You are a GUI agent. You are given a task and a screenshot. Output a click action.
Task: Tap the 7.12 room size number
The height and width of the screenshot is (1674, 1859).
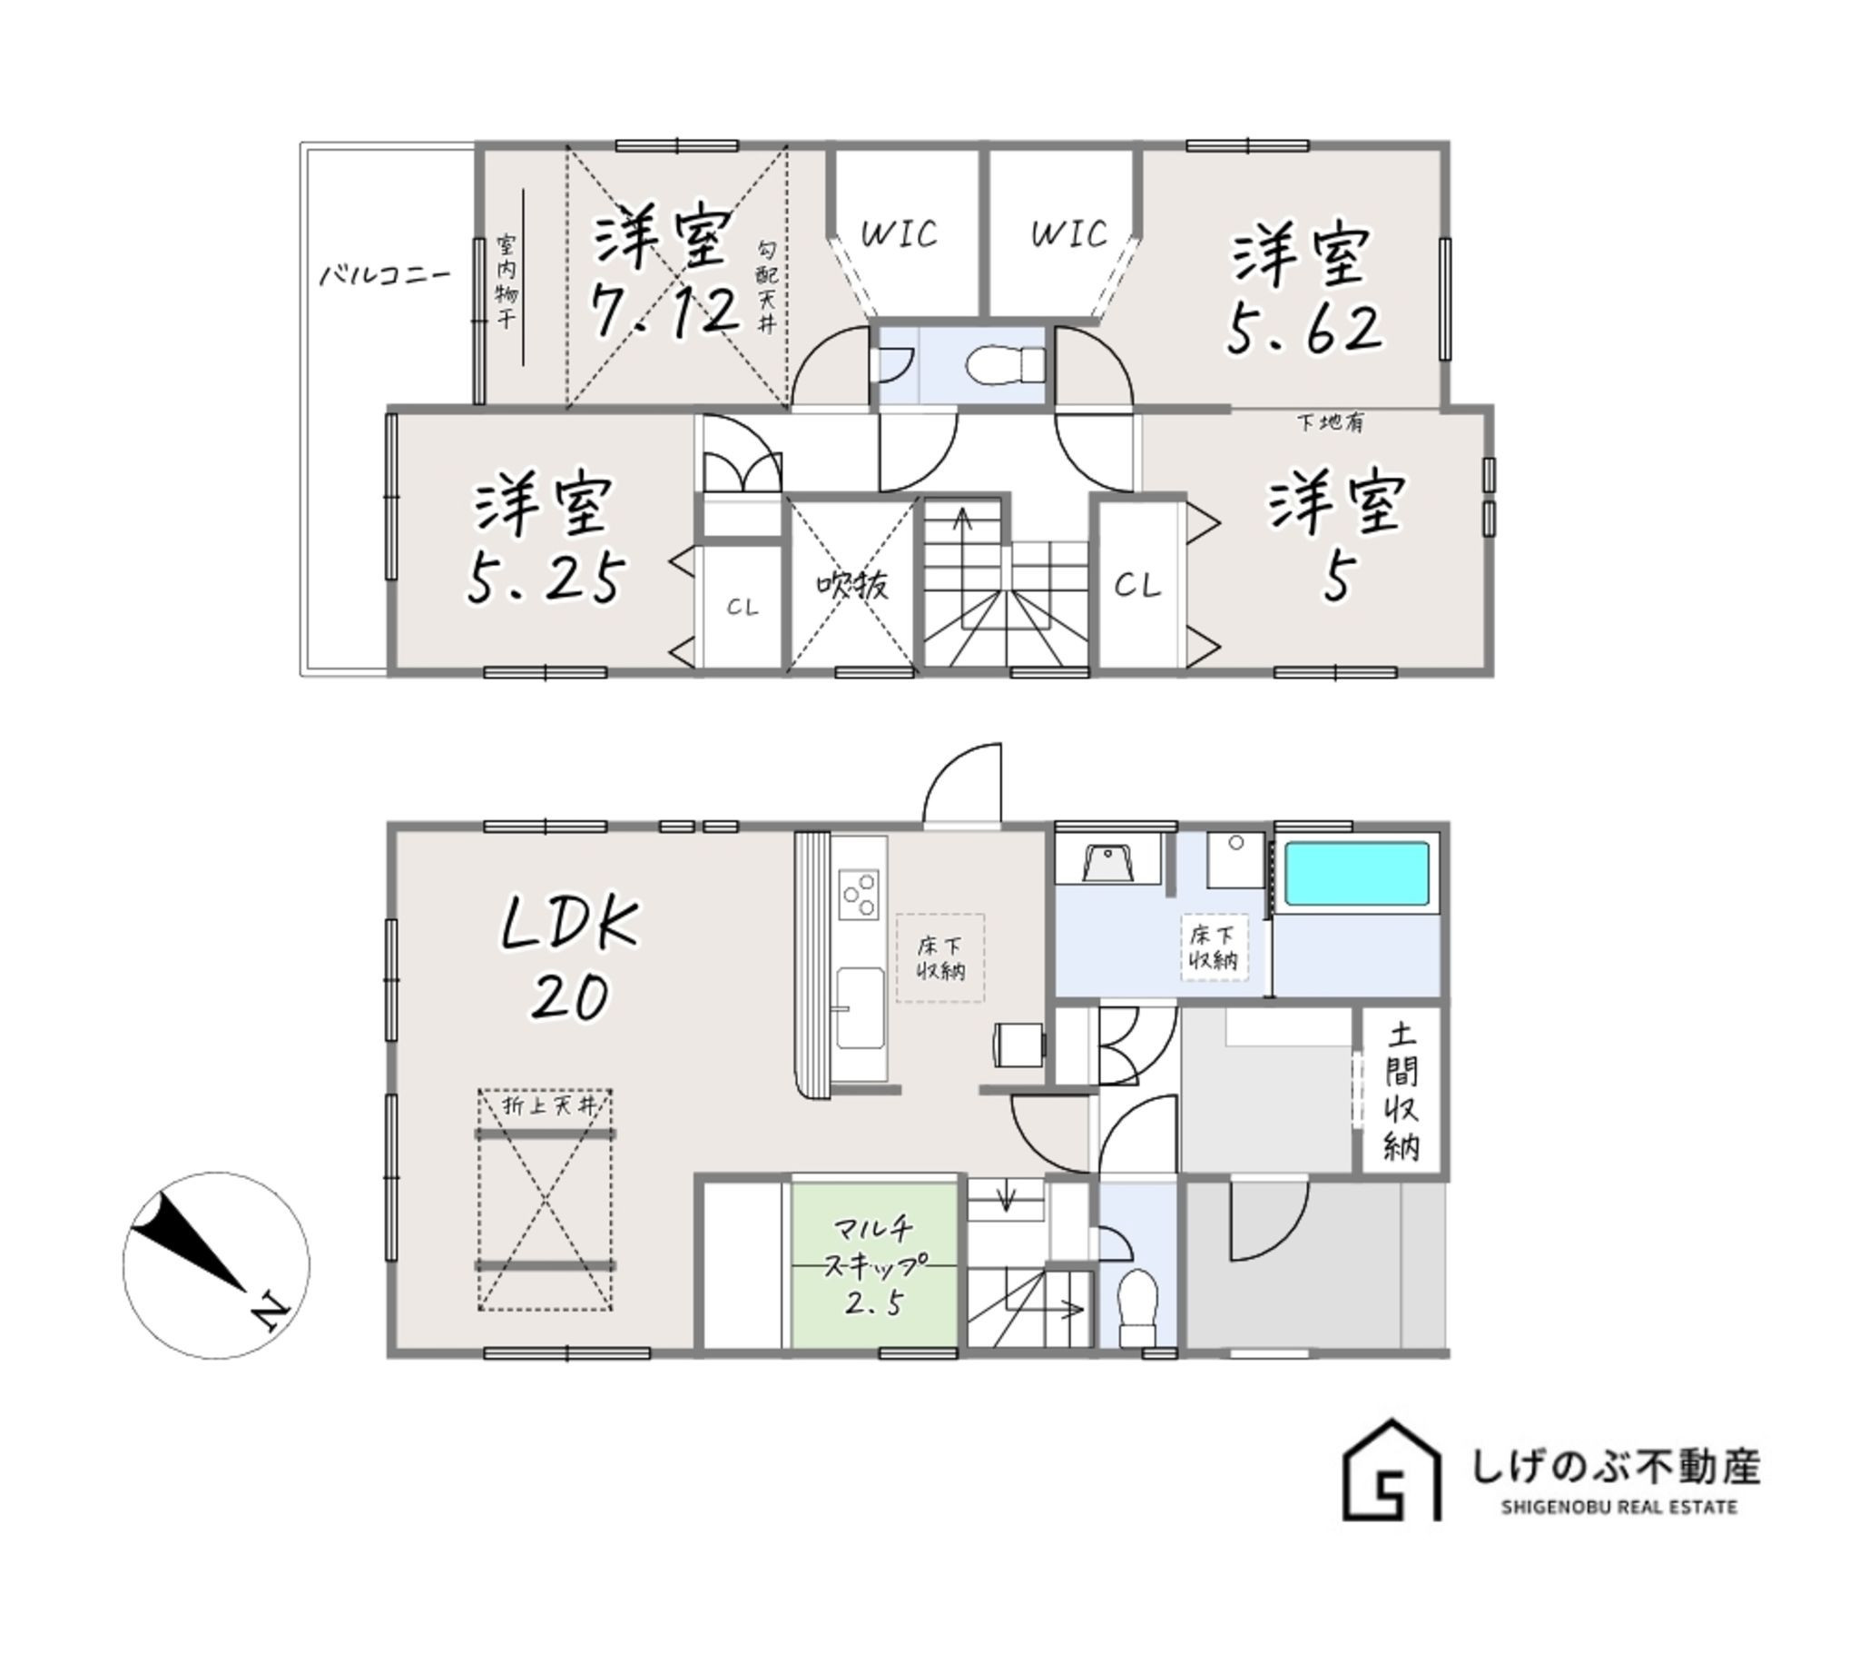point(664,310)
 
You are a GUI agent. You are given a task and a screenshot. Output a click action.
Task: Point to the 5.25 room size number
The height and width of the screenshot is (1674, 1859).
point(546,578)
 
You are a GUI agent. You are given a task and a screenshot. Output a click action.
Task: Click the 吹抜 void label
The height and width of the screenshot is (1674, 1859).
point(852,584)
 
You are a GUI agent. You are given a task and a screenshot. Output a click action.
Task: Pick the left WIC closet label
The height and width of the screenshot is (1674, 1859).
point(900,233)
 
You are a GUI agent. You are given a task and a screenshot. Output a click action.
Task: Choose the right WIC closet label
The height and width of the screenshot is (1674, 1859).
point(1067,233)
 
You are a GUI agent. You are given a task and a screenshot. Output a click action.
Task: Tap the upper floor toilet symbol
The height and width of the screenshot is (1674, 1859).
point(1006,364)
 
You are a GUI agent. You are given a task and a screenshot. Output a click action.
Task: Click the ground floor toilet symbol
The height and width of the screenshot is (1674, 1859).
point(1136,1308)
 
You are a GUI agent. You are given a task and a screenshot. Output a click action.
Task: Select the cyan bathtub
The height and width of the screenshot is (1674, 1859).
point(1356,873)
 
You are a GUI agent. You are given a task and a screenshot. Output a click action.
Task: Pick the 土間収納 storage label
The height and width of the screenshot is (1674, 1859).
point(1402,1092)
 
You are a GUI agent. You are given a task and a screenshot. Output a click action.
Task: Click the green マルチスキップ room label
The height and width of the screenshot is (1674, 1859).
point(873,1265)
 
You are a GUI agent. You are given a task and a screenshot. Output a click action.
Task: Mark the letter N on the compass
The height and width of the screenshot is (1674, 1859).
point(269,1312)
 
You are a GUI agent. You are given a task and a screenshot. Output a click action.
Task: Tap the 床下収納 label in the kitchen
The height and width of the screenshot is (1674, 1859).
point(939,957)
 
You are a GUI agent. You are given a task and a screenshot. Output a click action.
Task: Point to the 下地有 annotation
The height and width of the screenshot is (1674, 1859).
point(1330,422)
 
